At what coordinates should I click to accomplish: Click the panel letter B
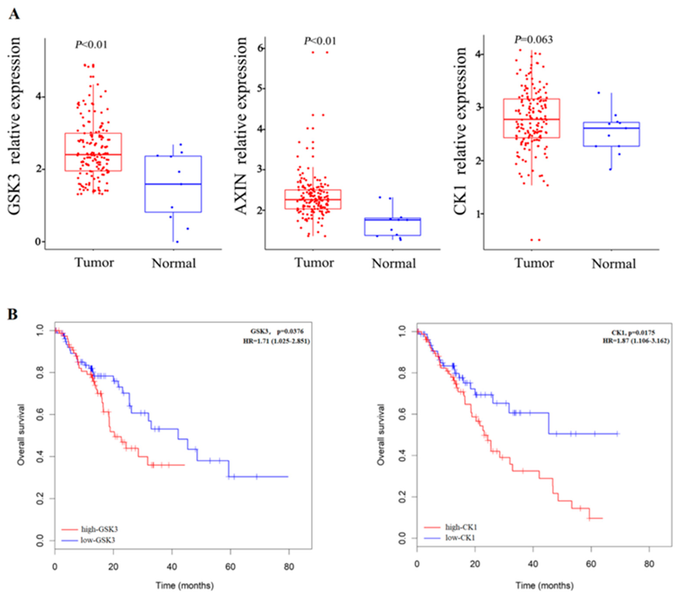click(13, 314)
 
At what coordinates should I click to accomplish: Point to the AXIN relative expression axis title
click(241, 126)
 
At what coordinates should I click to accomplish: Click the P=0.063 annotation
click(533, 40)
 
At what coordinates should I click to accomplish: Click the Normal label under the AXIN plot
click(393, 264)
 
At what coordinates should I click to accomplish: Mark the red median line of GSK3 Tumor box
click(93, 154)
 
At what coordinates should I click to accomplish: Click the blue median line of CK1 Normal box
click(611, 128)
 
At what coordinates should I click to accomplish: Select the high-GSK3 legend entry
click(99, 529)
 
